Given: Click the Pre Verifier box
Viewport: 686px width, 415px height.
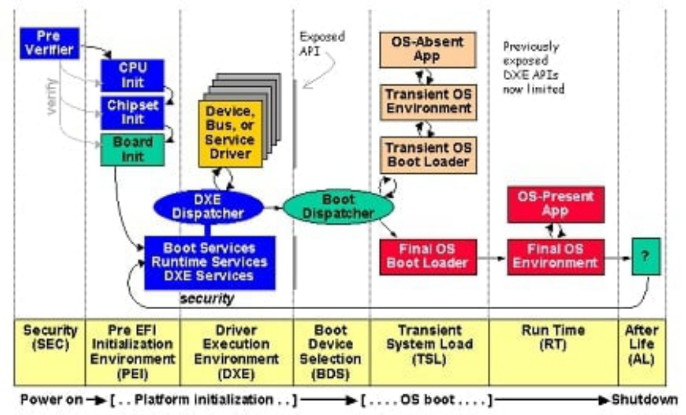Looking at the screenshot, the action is click(50, 43).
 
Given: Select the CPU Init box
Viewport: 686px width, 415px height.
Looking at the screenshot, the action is click(133, 76).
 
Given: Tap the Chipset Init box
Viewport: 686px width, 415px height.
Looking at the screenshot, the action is click(133, 113).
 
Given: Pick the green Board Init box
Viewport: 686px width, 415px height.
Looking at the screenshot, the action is click(133, 150).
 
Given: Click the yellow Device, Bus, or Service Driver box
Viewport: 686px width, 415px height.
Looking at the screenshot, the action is click(230, 134).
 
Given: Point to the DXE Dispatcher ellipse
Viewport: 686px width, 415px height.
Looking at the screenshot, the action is click(208, 207).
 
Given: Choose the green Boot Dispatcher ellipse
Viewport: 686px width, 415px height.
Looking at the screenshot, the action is click(338, 207).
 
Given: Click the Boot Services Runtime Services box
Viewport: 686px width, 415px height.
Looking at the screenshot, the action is click(210, 263).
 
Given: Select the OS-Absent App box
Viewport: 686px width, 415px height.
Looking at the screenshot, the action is click(427, 50).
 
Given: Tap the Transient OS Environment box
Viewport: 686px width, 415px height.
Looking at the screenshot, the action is click(429, 102).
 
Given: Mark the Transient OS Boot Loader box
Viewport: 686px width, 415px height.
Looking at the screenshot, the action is click(429, 156).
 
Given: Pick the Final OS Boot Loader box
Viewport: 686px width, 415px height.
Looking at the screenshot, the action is click(428, 257).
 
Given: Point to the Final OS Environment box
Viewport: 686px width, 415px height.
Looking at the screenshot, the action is click(556, 257).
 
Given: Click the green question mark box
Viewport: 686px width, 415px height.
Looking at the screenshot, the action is click(646, 256).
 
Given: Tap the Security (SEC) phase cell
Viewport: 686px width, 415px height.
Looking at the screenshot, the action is click(50, 353).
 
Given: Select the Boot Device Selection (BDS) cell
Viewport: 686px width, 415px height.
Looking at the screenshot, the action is click(332, 353).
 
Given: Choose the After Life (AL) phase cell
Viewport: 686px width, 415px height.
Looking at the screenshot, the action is click(642, 353).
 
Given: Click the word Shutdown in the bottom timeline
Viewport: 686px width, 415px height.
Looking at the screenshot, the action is click(644, 400).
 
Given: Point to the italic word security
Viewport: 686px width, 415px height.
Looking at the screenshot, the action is click(207, 298).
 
